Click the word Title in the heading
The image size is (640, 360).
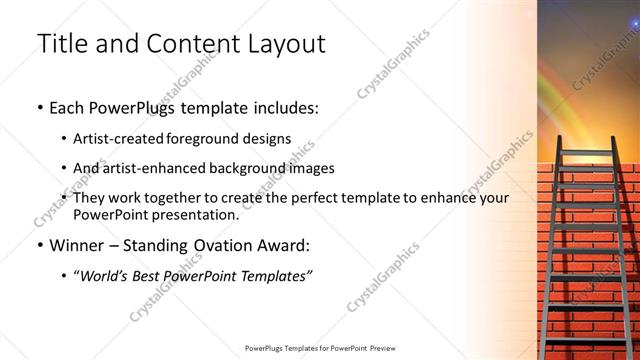[59, 44]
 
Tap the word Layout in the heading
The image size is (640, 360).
[284, 44]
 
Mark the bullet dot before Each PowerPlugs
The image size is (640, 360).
[39, 107]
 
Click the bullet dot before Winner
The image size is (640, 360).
[39, 245]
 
